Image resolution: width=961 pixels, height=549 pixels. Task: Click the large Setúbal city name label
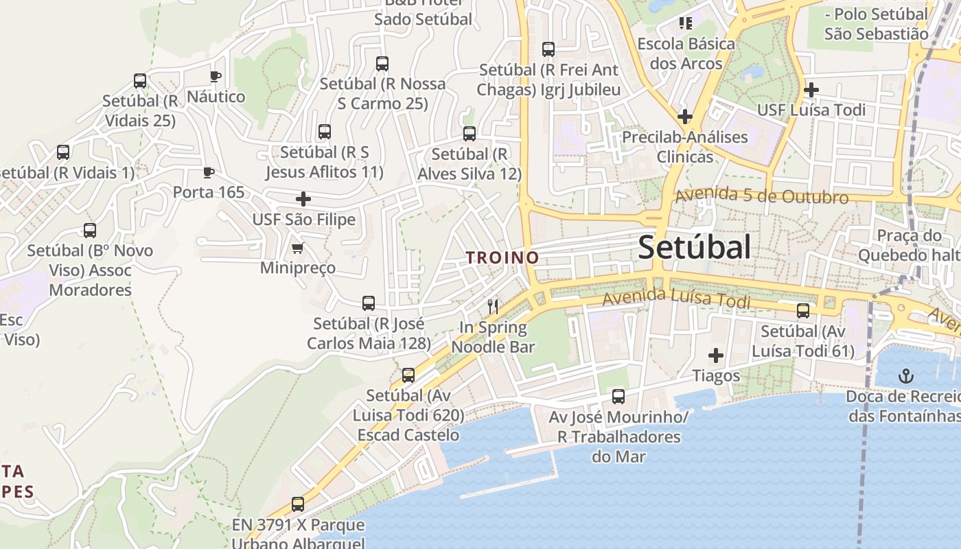tap(694, 247)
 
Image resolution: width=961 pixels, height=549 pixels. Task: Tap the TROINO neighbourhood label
tap(502, 258)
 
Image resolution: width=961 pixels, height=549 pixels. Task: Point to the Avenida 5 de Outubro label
tap(762, 196)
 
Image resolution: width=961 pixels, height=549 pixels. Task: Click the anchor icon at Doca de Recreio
tap(907, 375)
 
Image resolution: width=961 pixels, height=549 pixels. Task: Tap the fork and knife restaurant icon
tap(492, 306)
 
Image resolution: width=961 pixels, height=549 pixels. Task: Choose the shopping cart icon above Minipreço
tap(297, 248)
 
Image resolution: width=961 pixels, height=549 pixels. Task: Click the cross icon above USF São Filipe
tap(303, 199)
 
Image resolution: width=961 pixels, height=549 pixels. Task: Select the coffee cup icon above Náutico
tap(216, 76)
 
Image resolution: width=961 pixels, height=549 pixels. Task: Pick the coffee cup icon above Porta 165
tap(209, 172)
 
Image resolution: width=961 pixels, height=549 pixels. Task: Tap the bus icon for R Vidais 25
tap(140, 81)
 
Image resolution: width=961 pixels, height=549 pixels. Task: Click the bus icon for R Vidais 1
tap(63, 152)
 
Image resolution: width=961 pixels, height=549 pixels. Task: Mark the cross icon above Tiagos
tap(716, 355)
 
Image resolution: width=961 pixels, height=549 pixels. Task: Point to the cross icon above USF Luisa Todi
tap(811, 89)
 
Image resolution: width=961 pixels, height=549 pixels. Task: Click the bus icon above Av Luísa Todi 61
tap(803, 311)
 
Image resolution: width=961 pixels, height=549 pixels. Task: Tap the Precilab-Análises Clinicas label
tap(685, 147)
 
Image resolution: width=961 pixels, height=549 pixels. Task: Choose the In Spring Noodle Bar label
tap(493, 337)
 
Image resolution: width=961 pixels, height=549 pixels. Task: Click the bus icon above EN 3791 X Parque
tap(298, 504)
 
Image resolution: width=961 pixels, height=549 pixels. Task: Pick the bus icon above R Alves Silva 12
tap(470, 134)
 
